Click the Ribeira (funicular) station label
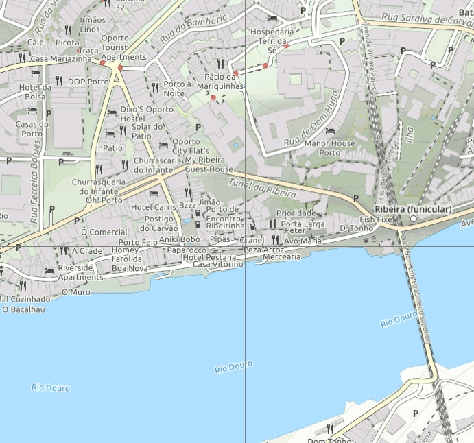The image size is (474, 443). pyautogui.click(x=413, y=208)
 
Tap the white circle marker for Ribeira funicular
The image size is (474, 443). pyautogui.click(x=414, y=219)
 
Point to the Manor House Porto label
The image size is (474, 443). pyautogui.click(x=329, y=147)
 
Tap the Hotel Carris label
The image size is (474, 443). pyautogui.click(x=154, y=207)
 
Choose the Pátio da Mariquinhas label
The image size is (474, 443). pyautogui.click(x=220, y=82)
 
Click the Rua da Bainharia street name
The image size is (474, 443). pyautogui.click(x=184, y=32)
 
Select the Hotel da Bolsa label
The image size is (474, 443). pyautogui.click(x=35, y=91)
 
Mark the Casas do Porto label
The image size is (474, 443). pyautogui.click(x=32, y=128)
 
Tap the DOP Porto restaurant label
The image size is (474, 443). pyautogui.click(x=88, y=82)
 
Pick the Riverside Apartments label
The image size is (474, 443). pyautogui.click(x=80, y=272)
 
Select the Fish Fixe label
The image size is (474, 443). pyautogui.click(x=376, y=220)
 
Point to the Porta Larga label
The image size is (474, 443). pyautogui.click(x=303, y=224)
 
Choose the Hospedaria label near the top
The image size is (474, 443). pyautogui.click(x=272, y=32)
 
